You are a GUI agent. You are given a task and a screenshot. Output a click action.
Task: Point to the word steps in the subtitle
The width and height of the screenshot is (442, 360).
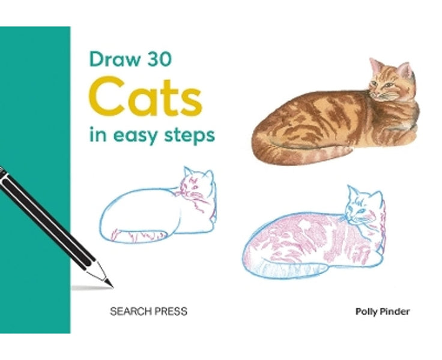189,137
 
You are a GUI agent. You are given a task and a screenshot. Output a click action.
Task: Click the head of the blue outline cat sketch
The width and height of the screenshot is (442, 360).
196,186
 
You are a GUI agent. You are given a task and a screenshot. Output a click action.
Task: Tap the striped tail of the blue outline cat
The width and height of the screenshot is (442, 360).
144,235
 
